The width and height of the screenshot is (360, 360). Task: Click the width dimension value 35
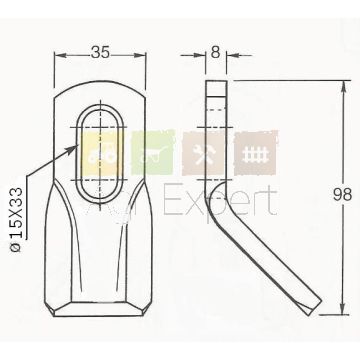point(100,52)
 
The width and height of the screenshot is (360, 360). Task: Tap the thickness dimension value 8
point(216,52)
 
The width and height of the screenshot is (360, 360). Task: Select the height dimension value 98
point(342,195)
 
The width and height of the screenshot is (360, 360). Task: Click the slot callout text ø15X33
point(16,220)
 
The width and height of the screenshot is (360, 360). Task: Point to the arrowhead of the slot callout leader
point(74,148)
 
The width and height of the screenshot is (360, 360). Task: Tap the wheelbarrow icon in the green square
point(152,154)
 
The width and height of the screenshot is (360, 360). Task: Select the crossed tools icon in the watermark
point(204,154)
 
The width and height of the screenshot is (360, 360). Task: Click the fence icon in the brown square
point(256,154)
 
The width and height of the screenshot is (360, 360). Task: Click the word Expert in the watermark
point(220,201)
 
